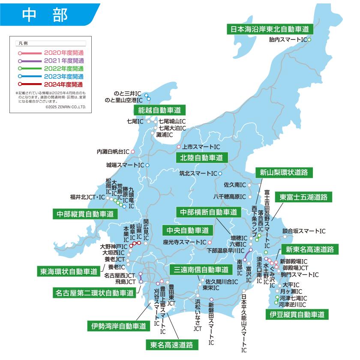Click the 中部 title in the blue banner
click(x=45, y=14)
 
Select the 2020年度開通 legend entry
click(x=63, y=53)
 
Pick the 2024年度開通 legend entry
click(x=63, y=84)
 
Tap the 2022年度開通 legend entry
click(x=63, y=69)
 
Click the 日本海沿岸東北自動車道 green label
click(x=270, y=29)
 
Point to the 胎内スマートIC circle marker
click(x=309, y=39)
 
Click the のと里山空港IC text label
click(x=124, y=100)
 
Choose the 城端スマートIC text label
click(x=125, y=165)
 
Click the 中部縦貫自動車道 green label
click(x=85, y=213)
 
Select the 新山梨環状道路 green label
click(x=284, y=172)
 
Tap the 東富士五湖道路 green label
click(x=303, y=197)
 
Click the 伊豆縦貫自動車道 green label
click(x=297, y=315)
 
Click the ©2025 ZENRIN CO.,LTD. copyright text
click(x=65, y=107)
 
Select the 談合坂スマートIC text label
click(x=304, y=231)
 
